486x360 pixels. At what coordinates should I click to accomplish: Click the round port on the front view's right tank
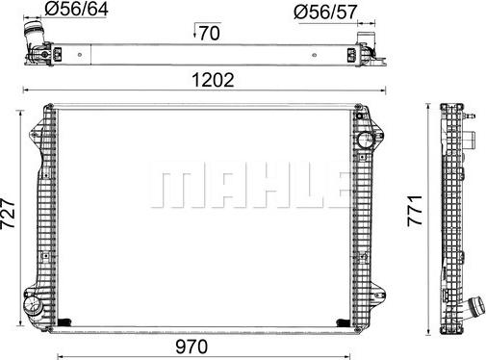tap(366, 141)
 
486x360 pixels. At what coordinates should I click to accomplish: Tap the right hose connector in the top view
tap(367, 42)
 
